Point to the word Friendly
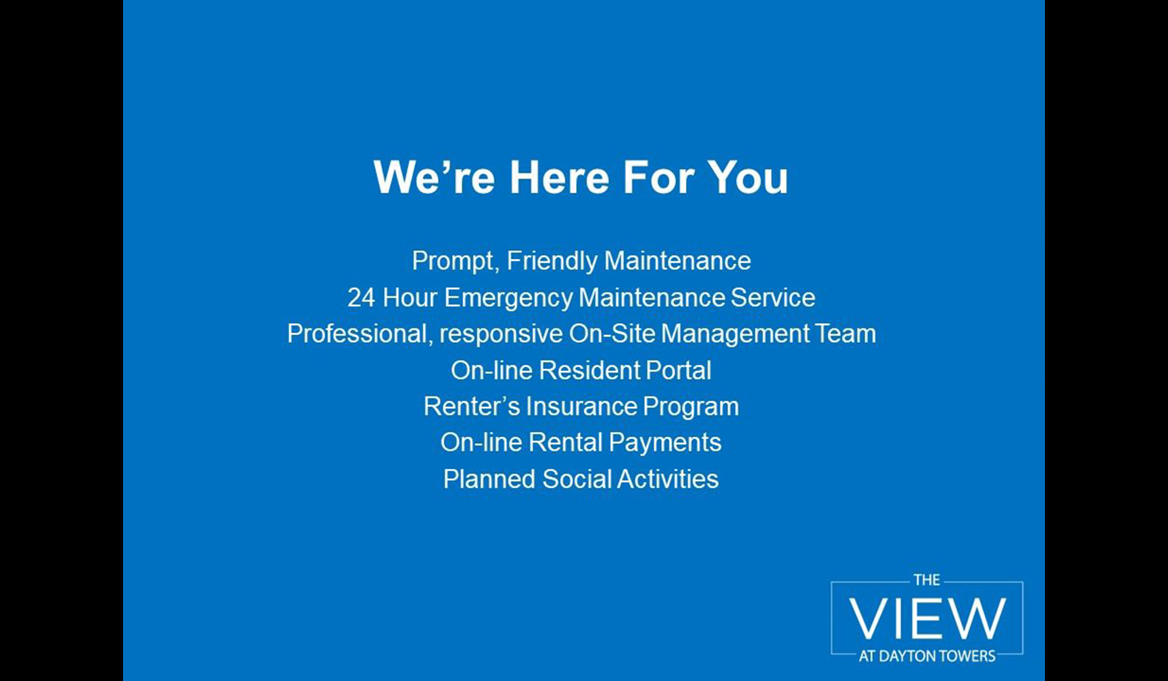pos(552,261)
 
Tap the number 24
pos(361,298)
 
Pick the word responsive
pos(501,334)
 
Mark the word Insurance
pos(581,407)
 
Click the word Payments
pos(664,443)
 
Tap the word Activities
pos(667,479)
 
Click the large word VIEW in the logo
pos(927,618)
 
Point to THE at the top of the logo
pos(927,580)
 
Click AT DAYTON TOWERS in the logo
pos(927,656)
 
